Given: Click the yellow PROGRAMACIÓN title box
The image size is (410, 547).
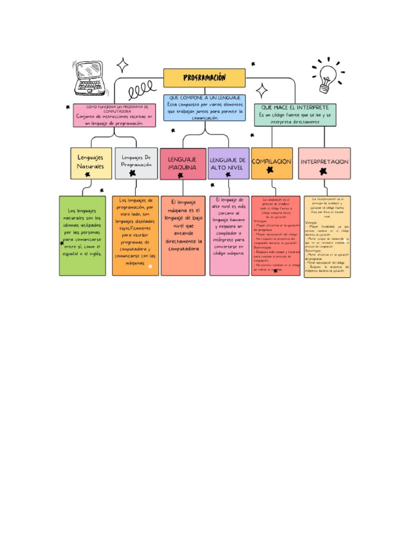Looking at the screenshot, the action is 204,78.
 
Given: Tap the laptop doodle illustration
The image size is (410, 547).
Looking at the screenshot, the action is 88,78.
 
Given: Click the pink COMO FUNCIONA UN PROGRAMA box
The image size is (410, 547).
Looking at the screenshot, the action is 115,115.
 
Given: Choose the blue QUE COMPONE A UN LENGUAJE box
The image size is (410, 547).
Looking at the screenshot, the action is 204,107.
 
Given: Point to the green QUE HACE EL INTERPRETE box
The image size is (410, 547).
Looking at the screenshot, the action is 295,115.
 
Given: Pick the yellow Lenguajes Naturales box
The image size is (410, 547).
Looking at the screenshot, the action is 91,163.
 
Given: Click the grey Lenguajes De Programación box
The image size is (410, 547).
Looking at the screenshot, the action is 136,163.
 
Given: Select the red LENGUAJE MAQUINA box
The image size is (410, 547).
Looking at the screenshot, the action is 183,163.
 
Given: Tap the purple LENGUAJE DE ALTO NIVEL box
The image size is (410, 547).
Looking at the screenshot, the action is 228,163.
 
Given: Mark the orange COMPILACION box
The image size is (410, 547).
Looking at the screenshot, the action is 272,163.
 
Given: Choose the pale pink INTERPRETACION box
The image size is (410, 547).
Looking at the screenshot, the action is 324,163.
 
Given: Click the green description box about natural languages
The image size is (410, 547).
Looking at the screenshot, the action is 82,236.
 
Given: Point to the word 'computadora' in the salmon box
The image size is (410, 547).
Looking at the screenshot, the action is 183,248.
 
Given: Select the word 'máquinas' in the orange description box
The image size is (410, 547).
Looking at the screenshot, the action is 135,263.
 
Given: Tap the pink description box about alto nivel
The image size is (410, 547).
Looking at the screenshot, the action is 229,236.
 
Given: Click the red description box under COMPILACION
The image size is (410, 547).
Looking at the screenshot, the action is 275,236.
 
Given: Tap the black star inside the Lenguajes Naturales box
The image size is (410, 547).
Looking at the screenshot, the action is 88,174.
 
